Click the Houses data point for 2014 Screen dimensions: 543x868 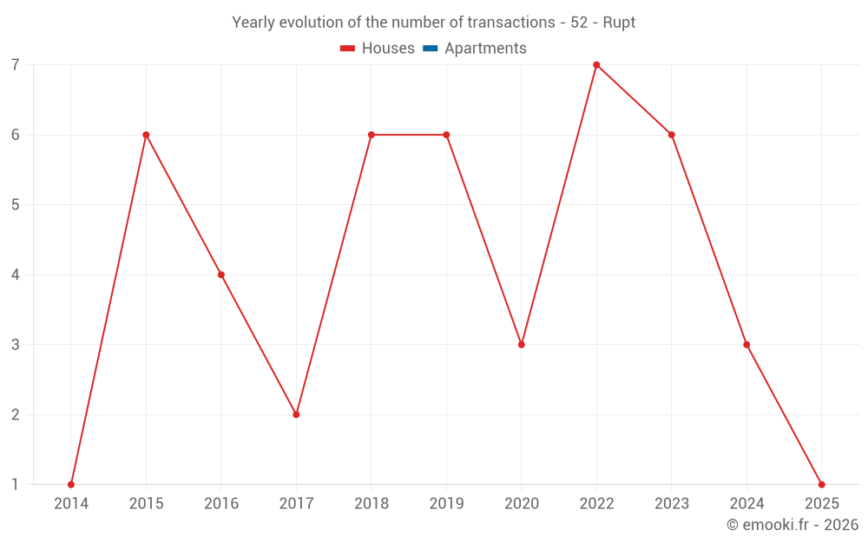[71, 484]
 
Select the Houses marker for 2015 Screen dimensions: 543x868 [146, 135]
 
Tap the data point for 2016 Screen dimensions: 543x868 [221, 275]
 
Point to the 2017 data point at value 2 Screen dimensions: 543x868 [296, 414]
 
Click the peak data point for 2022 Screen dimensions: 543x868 [596, 64]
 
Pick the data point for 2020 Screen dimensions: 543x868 [522, 344]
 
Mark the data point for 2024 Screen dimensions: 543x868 [746, 344]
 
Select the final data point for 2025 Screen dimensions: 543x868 [821, 484]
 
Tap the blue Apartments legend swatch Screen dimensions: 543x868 [431, 49]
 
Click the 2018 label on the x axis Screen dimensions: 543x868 [372, 504]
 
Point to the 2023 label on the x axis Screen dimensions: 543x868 [672, 504]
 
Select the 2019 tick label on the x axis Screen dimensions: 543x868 [446, 504]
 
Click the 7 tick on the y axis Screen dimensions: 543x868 [16, 65]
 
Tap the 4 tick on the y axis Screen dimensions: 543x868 [16, 275]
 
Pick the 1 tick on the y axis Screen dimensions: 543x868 [16, 484]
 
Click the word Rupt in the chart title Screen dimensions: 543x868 [619, 23]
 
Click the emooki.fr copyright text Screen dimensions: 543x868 [792, 525]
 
